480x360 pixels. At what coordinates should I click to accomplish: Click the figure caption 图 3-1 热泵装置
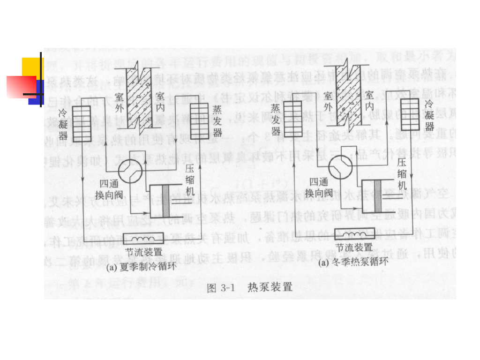[x=249, y=287]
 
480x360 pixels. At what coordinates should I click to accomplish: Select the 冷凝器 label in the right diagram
[x=429, y=116]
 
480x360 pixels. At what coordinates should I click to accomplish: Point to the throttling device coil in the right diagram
[x=354, y=233]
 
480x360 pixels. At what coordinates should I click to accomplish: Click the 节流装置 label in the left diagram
[x=144, y=251]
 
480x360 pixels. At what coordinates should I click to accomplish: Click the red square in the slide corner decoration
[x=21, y=87]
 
